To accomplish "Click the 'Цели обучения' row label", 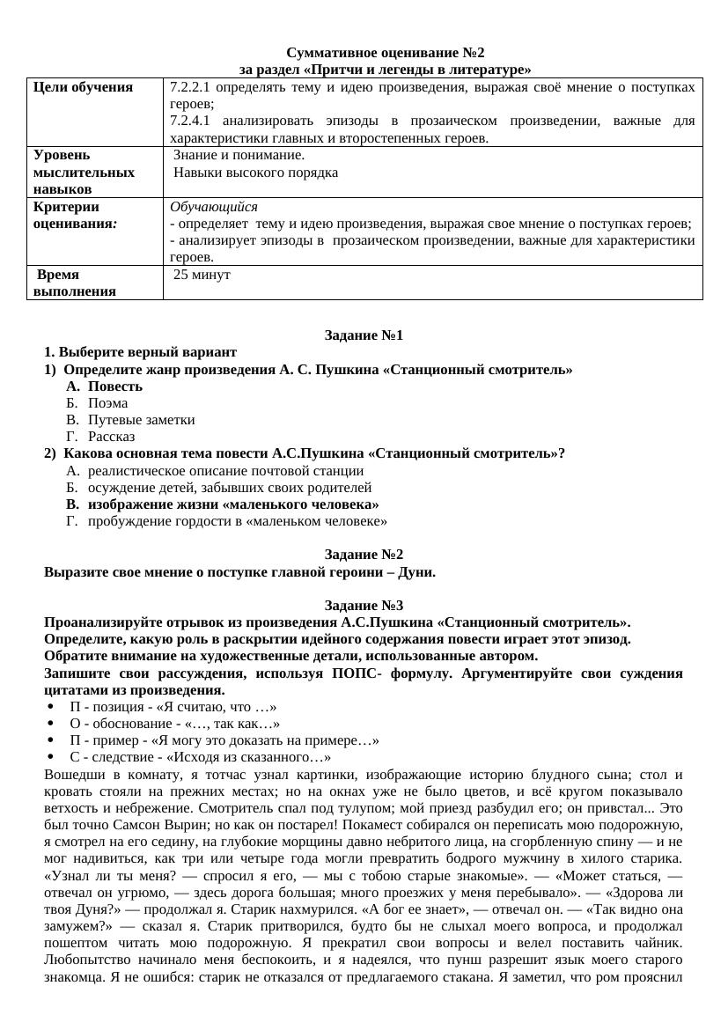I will (x=83, y=86).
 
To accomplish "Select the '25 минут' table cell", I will (x=202, y=275).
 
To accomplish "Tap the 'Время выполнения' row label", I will (x=66, y=283).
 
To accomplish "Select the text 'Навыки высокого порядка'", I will (x=256, y=173).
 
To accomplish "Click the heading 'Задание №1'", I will (x=364, y=335).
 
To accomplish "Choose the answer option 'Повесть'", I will (x=115, y=386).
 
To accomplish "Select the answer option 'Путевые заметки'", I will (x=142, y=420).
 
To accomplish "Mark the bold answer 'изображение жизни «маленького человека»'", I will (x=233, y=504).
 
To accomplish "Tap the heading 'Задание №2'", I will (x=364, y=555).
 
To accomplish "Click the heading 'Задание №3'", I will (x=364, y=605).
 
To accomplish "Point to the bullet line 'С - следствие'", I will (x=200, y=758).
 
